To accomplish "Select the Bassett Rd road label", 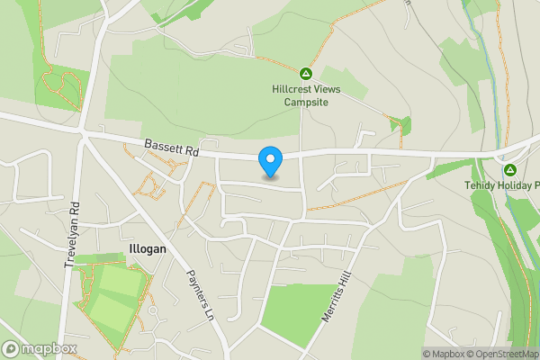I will (x=172, y=149).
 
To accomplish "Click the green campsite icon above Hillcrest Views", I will (x=305, y=73).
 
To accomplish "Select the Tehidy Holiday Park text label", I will (x=502, y=185).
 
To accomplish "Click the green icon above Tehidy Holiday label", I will (x=510, y=169).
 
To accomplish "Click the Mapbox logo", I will (x=40, y=348).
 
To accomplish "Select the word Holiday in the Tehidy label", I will (x=513, y=185).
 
